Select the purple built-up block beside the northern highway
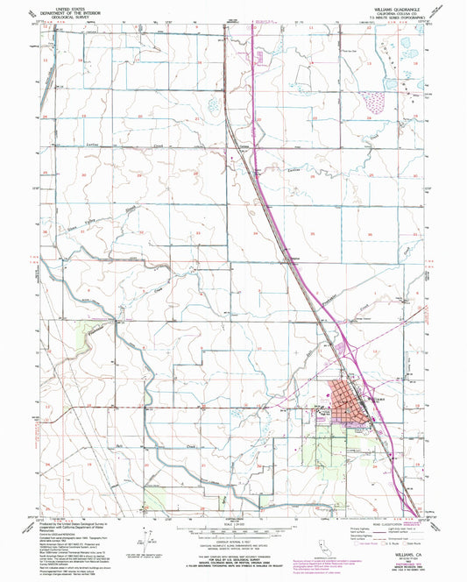pos(260,56)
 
